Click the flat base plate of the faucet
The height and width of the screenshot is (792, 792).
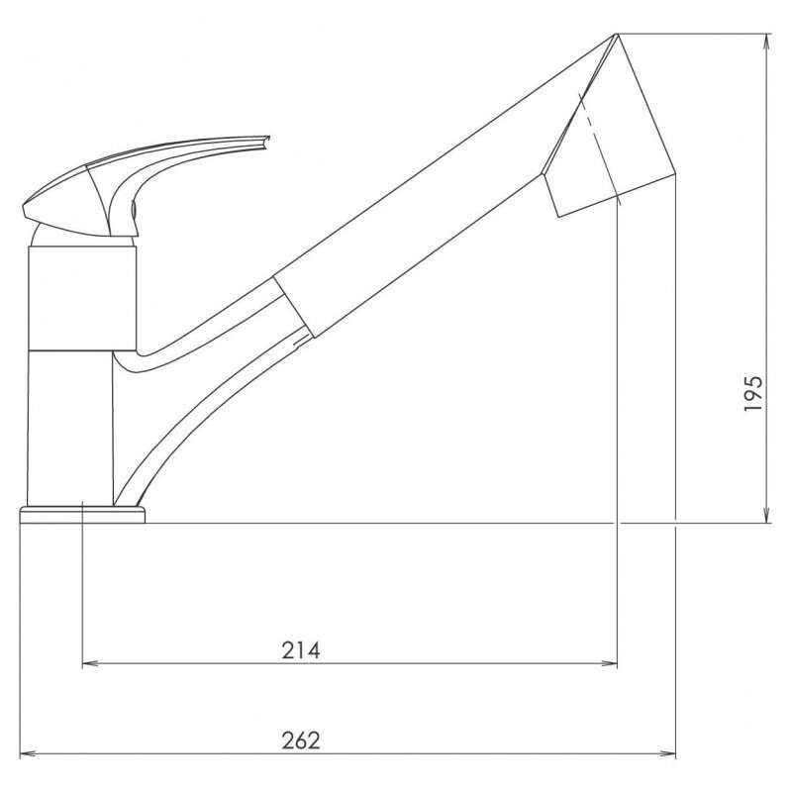coord(81,514)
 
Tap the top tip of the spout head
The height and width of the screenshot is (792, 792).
coord(616,37)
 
